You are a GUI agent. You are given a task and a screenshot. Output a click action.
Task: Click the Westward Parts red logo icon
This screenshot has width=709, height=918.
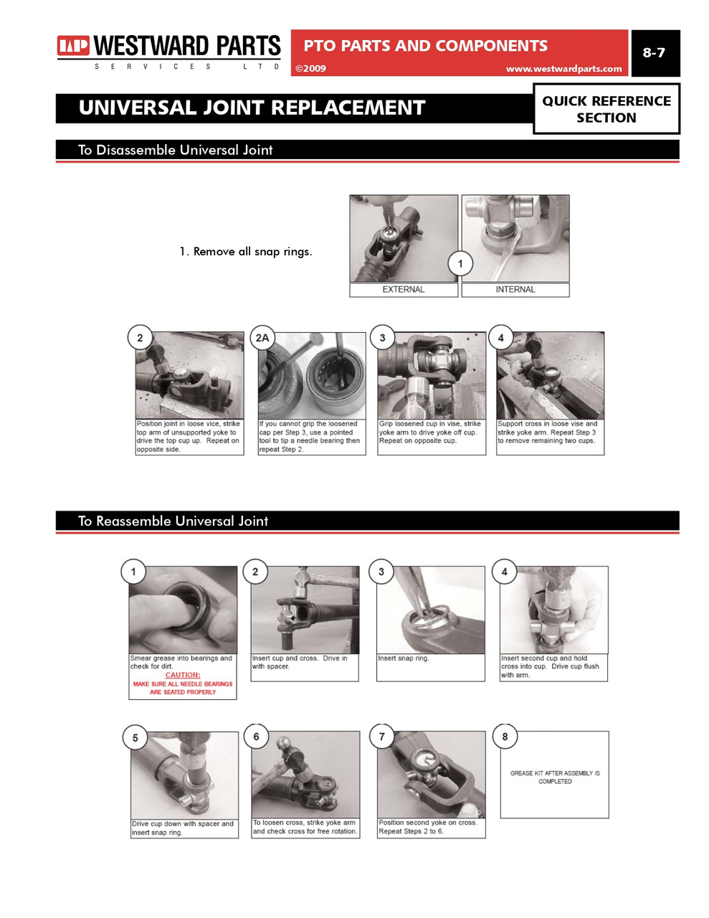73,46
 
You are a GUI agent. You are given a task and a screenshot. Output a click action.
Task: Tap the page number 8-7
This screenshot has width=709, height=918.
653,52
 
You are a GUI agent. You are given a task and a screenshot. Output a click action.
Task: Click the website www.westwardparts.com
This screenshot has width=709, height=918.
563,69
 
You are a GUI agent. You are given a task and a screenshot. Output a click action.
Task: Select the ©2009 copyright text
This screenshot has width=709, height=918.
311,69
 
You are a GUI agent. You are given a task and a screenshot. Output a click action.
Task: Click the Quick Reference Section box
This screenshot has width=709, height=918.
606,109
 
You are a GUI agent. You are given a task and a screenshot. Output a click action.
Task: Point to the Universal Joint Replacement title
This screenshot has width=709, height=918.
252,108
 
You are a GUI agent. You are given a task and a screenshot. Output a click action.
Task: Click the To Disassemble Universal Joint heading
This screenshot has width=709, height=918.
175,150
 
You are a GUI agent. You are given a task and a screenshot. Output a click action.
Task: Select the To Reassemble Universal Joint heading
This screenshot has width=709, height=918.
173,521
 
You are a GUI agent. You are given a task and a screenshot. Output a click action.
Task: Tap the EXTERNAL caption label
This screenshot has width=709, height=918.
403,290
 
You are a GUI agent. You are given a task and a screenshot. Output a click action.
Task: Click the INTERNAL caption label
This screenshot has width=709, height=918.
515,290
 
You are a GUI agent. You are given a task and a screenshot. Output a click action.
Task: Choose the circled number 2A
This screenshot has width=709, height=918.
262,338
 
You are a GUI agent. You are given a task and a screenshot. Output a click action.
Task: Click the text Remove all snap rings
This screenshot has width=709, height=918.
245,252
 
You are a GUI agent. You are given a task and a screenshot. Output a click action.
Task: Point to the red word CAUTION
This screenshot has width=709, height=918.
183,675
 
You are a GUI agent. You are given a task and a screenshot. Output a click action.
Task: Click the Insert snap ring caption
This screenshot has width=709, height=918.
404,658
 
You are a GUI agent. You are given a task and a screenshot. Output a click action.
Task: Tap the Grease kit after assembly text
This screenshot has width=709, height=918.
554,777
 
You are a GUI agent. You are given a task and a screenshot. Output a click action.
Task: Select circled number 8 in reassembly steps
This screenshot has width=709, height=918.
505,737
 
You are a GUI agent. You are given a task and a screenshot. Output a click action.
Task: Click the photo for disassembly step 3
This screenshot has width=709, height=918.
431,376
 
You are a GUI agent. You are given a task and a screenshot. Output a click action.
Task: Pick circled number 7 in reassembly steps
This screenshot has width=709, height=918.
381,737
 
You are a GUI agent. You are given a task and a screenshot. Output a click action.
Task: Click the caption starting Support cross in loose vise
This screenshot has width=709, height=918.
549,432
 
